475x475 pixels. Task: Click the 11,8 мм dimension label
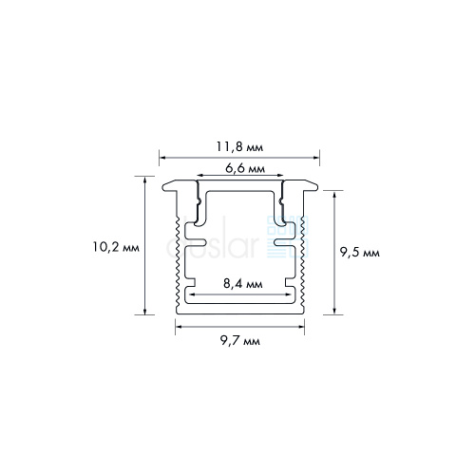[x=239, y=147]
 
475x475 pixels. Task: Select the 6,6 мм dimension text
[x=245, y=168]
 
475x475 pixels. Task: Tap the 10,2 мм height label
[x=116, y=247]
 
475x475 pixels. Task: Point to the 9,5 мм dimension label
[x=360, y=253]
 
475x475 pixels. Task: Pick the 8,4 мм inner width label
[x=243, y=284]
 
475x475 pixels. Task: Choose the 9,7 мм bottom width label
[x=240, y=341]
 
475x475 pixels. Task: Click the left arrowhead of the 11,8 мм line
[x=161, y=157]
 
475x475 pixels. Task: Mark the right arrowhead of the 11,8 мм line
[x=316, y=157]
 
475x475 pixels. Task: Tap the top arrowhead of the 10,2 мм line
[x=145, y=180]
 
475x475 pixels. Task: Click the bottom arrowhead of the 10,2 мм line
[x=145, y=312]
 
